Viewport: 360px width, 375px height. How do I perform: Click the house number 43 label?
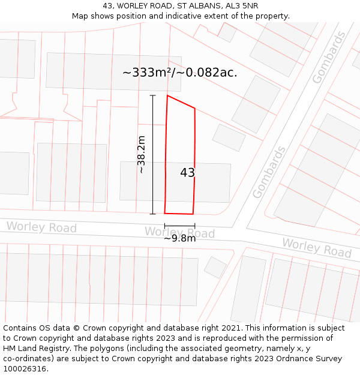(x=187, y=173)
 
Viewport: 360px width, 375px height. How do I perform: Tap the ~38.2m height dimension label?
(x=142, y=154)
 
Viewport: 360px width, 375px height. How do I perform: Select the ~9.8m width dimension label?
(x=180, y=238)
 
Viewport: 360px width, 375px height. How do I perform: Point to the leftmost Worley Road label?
(x=41, y=227)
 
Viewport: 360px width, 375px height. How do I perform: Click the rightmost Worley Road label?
(x=316, y=247)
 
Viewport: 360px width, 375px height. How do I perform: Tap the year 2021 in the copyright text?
(x=231, y=328)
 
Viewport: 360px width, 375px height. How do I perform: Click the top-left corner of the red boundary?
(x=167, y=95)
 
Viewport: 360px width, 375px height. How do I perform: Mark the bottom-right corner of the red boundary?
(x=193, y=214)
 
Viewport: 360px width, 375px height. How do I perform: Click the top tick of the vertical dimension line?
(x=152, y=95)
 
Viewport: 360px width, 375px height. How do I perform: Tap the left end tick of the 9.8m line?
(x=165, y=226)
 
